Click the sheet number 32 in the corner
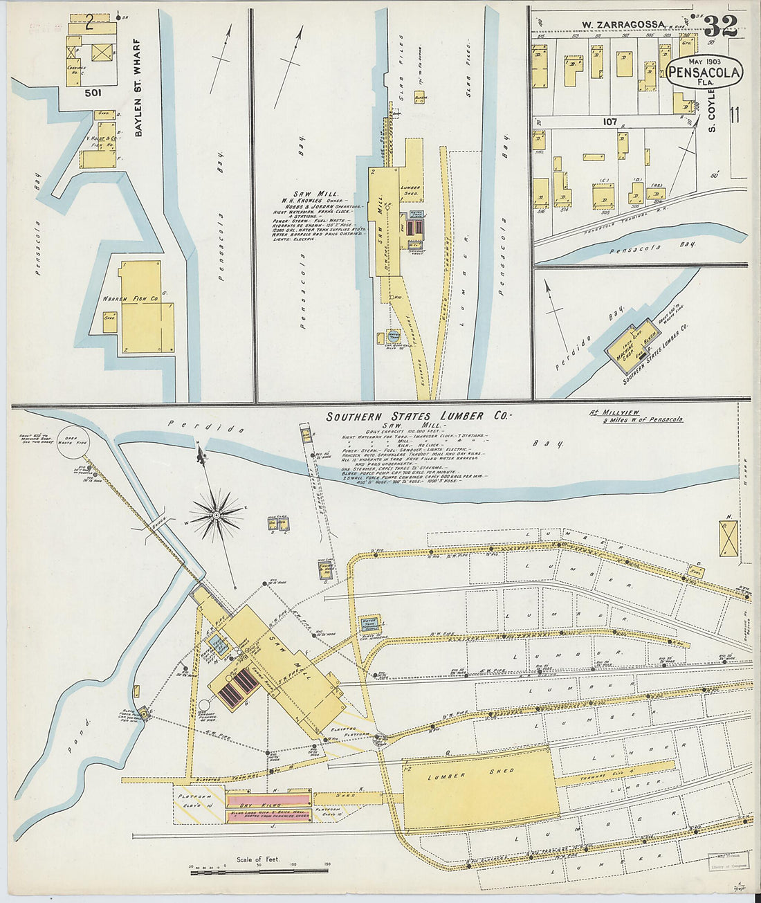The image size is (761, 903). (x=720, y=26)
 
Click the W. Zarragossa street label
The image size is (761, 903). (x=622, y=25)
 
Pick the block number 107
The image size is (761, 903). (x=609, y=121)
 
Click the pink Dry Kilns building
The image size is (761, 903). (x=268, y=808)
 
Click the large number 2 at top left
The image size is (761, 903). (x=89, y=23)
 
